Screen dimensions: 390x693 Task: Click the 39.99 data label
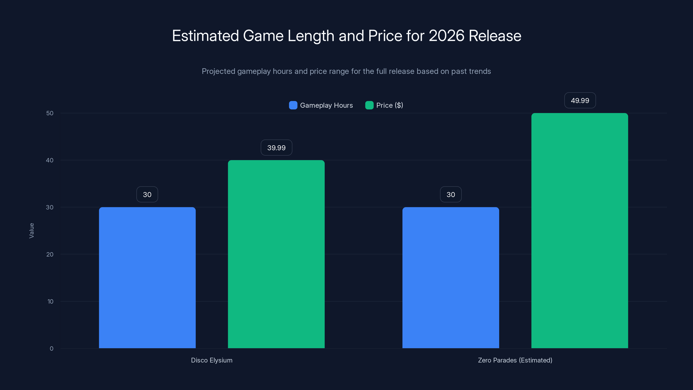[x=276, y=148]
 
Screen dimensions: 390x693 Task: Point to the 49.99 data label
[x=580, y=100]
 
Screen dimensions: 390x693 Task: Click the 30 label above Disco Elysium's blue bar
[x=147, y=194]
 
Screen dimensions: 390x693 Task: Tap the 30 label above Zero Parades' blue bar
[x=451, y=194]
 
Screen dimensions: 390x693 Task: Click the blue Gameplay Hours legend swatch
[x=293, y=105]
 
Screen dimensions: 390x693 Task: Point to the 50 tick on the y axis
[x=50, y=113]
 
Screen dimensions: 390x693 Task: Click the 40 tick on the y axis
[x=50, y=160]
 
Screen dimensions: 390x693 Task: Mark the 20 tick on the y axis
[x=50, y=254]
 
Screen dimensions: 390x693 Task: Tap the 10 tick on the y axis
[x=50, y=301]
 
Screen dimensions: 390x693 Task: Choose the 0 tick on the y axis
[x=51, y=348]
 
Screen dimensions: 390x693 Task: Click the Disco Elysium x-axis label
[x=212, y=360]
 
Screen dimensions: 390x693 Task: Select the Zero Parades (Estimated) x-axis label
[x=515, y=360]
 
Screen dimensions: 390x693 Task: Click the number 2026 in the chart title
[x=446, y=36]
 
